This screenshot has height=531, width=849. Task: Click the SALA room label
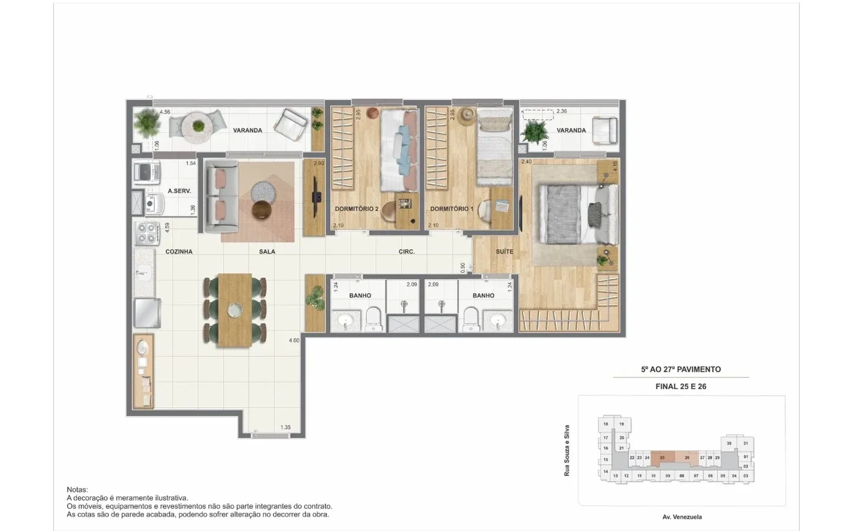click(267, 251)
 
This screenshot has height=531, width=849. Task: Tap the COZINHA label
click(179, 251)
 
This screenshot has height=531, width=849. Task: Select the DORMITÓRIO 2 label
click(356, 208)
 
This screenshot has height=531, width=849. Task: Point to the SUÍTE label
click(505, 251)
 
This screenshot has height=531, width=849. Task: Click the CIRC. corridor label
click(407, 251)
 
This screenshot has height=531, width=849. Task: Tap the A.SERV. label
click(179, 191)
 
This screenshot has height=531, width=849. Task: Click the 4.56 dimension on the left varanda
click(165, 112)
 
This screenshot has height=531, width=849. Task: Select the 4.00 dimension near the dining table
click(294, 340)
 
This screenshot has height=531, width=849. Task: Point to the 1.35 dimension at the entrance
click(285, 427)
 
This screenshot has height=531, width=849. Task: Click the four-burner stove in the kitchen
click(147, 233)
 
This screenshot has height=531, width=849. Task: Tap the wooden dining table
click(235, 310)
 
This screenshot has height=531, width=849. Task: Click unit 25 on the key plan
click(662, 458)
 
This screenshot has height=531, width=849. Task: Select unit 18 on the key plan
click(606, 424)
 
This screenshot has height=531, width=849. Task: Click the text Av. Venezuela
click(682, 517)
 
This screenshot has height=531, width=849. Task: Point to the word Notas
click(77, 489)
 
